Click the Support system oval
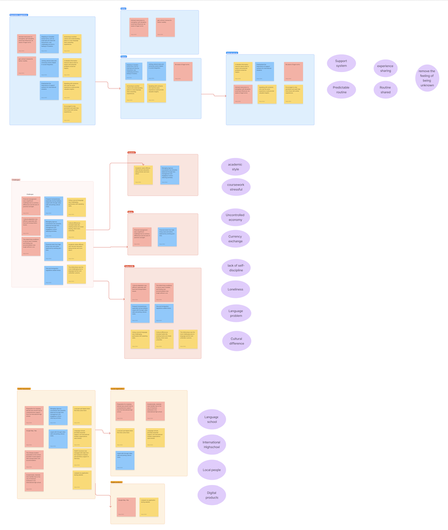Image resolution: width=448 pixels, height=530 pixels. pos(341,63)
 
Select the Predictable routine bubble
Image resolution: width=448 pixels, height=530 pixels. pos(341,89)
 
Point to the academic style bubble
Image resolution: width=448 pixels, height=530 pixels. pos(235,167)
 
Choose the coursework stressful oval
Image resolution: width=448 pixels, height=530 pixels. pos(235,187)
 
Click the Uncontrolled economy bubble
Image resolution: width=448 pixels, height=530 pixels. pos(235,217)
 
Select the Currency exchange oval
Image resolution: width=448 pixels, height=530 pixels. pos(235,238)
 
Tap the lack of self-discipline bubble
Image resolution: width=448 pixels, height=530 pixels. pos(235,268)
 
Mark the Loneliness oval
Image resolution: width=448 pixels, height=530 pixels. pos(235,289)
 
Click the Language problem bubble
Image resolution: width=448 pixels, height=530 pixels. pos(235,313)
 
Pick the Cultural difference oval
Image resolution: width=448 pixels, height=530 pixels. pos(237,341)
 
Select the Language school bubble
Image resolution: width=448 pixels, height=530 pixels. pos(211,419)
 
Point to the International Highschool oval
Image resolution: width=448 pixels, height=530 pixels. pos(211,444)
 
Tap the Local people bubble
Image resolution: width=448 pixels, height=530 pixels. pos(211,470)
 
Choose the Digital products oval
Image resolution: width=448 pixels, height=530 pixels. pos(211,494)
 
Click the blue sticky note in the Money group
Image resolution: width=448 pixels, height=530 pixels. pos(167,237)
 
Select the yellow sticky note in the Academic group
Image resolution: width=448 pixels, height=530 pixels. pos(143,175)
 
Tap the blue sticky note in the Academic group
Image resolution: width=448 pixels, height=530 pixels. pos(170,175)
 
